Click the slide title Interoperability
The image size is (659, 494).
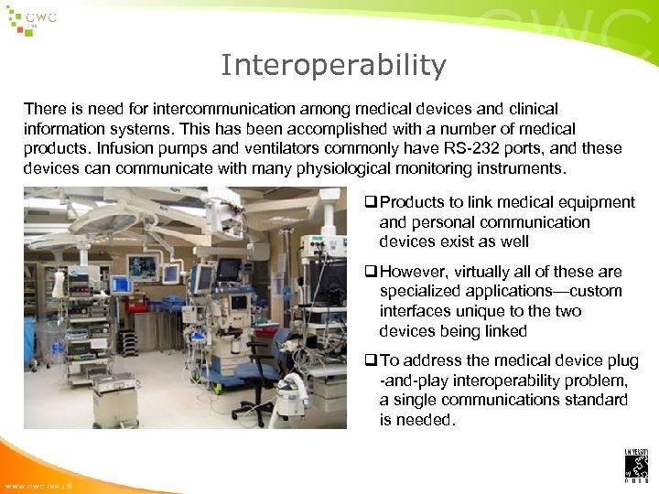[x=333, y=66]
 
